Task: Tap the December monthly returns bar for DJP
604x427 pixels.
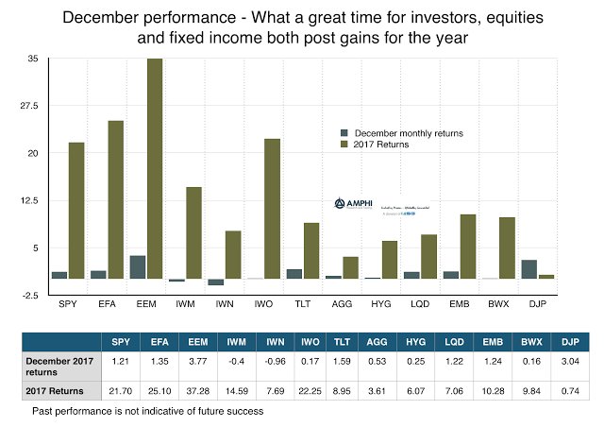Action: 529,269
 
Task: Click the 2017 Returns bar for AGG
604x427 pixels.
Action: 350,267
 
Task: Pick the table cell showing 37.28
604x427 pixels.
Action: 199,391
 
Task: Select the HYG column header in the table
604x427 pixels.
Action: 416,342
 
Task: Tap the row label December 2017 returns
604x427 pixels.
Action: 59,365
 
